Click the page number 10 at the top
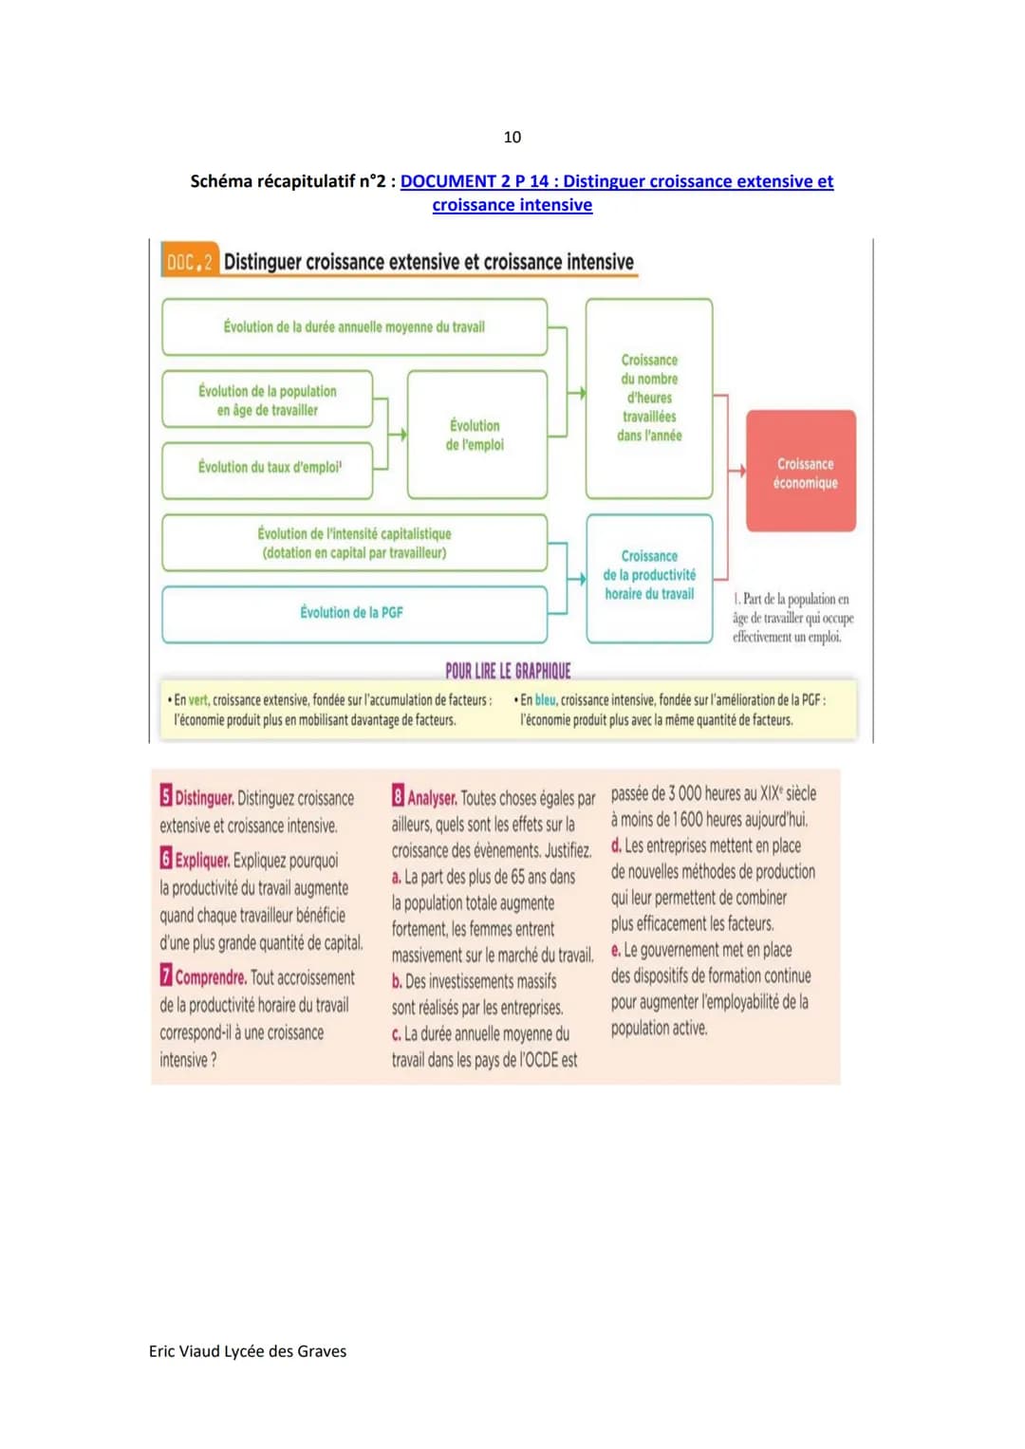click(512, 137)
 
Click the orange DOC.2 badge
click(190, 262)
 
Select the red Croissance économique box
click(801, 471)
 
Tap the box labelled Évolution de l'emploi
click(476, 435)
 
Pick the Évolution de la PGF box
click(354, 613)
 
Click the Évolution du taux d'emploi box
click(268, 469)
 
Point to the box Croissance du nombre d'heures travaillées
click(649, 399)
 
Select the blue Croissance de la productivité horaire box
click(649, 577)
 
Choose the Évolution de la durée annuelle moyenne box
click(354, 327)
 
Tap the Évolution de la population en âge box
click(268, 399)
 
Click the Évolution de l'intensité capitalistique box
click(354, 543)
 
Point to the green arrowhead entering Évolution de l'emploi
click(402, 435)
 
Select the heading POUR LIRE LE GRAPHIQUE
click(508, 671)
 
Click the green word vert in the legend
click(198, 700)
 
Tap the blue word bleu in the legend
click(545, 700)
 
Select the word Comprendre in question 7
click(211, 977)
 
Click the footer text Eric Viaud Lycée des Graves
click(248, 1351)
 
